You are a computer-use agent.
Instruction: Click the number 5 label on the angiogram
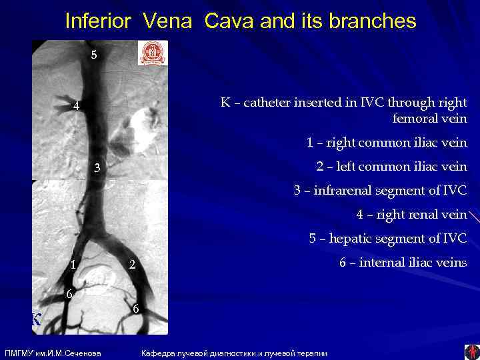click(x=94, y=55)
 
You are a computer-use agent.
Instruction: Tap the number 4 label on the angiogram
click(x=77, y=106)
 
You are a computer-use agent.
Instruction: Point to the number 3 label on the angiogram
click(x=97, y=167)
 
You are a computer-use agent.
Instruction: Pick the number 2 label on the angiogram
click(x=133, y=265)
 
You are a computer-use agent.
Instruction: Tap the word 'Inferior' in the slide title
click(x=99, y=21)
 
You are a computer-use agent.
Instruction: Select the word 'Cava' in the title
click(x=228, y=21)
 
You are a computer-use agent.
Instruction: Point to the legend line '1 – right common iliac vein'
click(x=387, y=143)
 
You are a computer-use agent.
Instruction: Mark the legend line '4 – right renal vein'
click(x=411, y=215)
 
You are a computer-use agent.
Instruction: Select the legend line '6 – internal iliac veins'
click(x=403, y=263)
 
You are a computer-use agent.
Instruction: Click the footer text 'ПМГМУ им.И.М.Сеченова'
click(x=53, y=353)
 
